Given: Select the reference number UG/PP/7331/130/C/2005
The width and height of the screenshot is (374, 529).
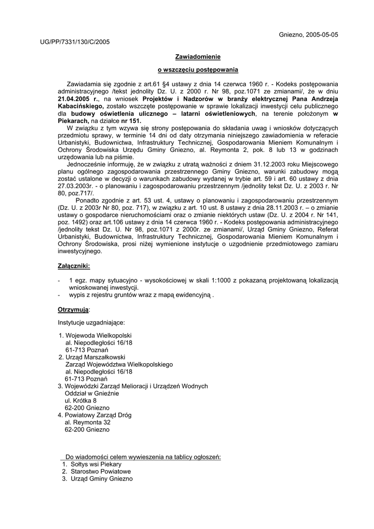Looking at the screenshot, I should tap(75, 42).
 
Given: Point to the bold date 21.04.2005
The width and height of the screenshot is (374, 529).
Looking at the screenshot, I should tap(77, 98).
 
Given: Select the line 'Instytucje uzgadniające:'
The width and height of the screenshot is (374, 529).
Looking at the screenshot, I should tap(91, 322).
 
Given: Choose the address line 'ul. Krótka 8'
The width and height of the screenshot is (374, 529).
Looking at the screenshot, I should tap(81, 400).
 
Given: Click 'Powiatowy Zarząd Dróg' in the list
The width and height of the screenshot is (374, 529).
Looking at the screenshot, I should tap(98, 415).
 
